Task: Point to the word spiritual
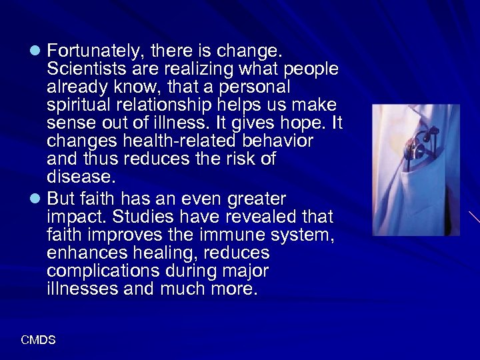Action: pos(77,105)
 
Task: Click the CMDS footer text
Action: pos(38,340)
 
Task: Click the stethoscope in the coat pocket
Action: pos(417,143)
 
